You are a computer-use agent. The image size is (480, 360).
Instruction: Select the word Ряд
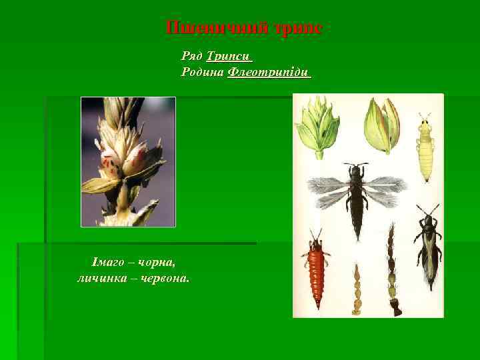[192, 56]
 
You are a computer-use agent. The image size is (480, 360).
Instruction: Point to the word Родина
[202, 72]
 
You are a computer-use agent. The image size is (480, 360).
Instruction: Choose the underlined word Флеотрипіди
[269, 72]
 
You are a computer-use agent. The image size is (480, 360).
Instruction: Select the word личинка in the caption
[101, 278]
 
